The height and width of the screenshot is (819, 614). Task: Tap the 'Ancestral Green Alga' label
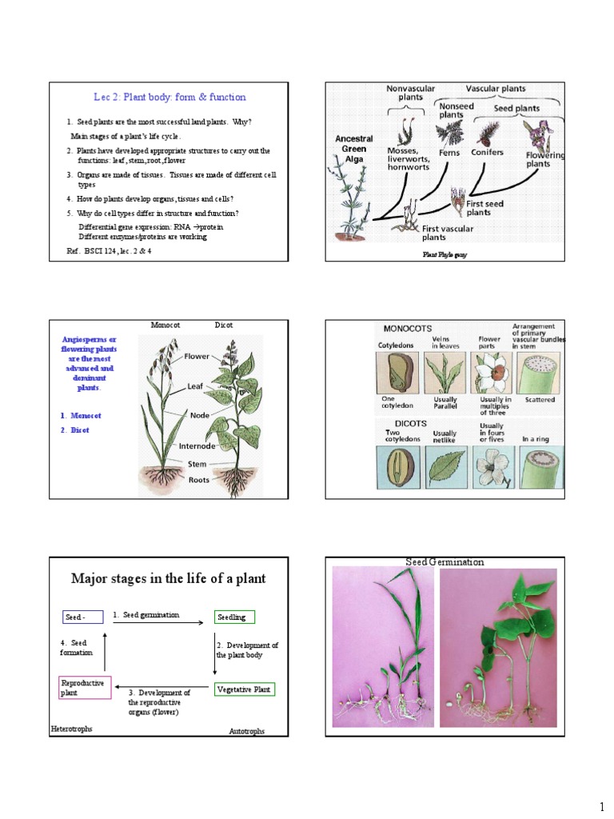[354, 148]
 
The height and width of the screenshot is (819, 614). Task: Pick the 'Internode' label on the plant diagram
[186, 445]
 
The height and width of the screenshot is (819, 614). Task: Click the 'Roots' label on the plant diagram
[199, 480]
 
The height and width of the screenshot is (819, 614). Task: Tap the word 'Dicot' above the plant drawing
[224, 326]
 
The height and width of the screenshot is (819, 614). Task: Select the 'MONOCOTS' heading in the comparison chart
[409, 329]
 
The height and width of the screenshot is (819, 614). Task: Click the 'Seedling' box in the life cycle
[234, 617]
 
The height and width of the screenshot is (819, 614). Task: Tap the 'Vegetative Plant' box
[245, 689]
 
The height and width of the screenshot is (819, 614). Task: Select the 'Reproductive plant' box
[84, 688]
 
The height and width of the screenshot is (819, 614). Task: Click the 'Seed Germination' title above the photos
[445, 562]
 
